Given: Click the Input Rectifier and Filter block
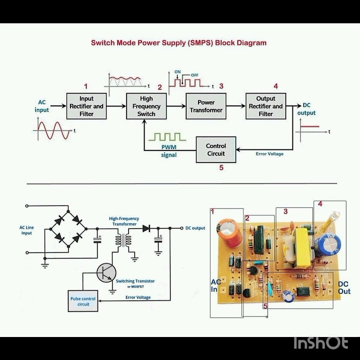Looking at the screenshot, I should point(86,106).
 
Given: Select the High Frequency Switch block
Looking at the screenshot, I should point(146,106).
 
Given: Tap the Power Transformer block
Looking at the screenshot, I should point(206,106).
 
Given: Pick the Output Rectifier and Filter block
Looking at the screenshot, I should point(265,106).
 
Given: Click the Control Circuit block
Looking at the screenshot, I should point(215,149).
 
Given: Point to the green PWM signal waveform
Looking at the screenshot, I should point(169,136).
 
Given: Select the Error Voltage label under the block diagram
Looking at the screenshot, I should point(269,154).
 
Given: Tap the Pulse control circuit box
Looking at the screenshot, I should point(83,301).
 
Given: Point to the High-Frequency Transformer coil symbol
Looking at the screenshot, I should point(123,239).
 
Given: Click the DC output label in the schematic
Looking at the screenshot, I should point(195,228).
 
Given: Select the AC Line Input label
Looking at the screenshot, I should point(27,230).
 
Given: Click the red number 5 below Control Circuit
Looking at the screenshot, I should point(221,168).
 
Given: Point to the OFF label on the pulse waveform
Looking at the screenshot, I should point(194,75).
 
